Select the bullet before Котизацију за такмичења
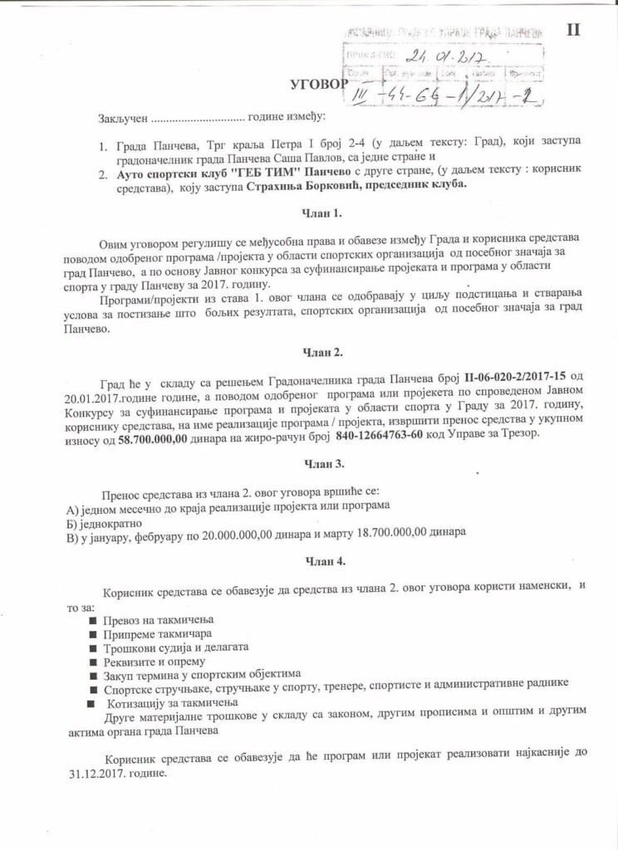tap(91, 701)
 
